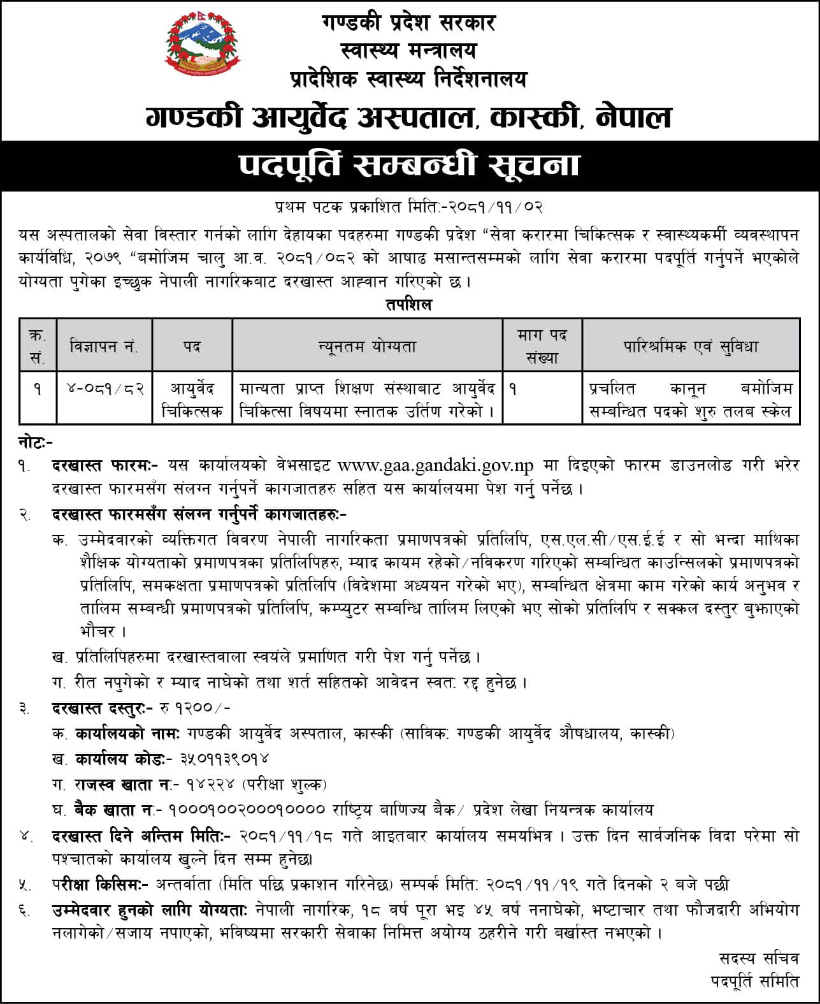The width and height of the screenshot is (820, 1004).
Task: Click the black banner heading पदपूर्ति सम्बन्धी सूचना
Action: [410, 166]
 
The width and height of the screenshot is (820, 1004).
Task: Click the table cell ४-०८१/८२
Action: [104, 388]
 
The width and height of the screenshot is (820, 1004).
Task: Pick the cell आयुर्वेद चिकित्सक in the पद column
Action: [192, 400]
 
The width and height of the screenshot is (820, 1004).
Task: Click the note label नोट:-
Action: [36, 441]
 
